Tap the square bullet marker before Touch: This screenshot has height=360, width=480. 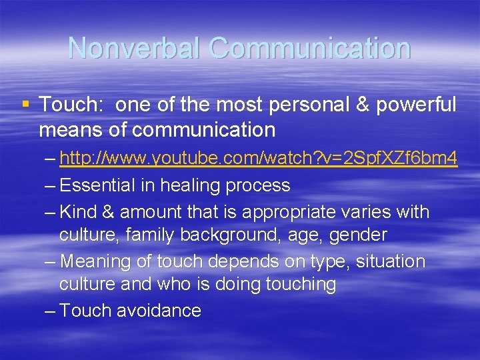25,103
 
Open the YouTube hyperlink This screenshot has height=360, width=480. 258,159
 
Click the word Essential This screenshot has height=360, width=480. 99,185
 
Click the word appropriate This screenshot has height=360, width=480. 297,212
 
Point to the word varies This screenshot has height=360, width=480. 377,212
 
